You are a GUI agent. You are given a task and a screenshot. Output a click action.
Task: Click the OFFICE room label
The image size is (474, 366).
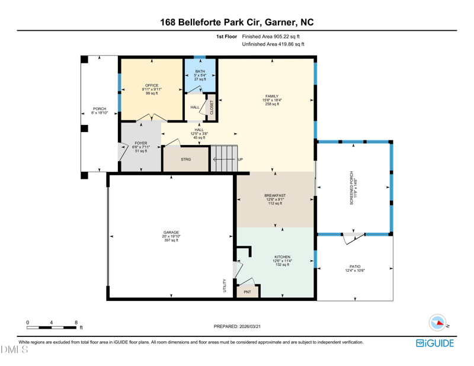coord(152,85)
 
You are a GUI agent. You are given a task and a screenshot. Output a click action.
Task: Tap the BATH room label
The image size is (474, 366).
coord(200,71)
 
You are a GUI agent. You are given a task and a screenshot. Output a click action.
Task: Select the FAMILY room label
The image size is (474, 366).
coord(272,96)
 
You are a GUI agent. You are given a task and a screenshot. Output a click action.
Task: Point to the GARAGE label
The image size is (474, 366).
coord(171,232)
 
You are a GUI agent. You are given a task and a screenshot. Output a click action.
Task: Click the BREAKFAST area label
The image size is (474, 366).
coord(275,195)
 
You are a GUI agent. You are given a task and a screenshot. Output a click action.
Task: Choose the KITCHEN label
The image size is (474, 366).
coord(283,257)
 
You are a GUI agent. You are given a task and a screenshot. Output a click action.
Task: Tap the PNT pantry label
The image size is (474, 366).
coord(247,292)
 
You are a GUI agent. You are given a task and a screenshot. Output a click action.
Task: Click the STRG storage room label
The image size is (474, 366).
coord(186,159)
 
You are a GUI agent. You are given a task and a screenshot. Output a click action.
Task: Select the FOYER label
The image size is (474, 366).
coord(141,143)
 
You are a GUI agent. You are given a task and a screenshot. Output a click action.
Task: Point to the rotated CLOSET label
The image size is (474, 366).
coord(212,107)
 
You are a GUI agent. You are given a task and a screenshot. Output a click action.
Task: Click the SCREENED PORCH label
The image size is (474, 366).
coord(351,188)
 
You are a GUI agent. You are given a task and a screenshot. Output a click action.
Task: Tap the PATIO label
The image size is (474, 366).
coord(355,267)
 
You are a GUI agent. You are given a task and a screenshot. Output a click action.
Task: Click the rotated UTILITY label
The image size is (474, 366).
coord(225,285)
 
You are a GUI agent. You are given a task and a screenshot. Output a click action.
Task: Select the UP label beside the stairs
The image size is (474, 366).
coord(241,159)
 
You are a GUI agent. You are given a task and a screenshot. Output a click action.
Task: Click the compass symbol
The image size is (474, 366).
coord(438,323)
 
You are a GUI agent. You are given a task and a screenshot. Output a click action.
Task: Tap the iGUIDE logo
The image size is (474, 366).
coord(435,343)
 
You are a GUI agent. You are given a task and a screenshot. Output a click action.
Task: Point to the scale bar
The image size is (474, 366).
coord(52,328)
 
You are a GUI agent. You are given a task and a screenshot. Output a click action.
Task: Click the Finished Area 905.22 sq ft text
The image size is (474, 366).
coord(271,37)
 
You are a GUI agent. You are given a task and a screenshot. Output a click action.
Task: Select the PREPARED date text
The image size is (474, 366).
coord(237,326)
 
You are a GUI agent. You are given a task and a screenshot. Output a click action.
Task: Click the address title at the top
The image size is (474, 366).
coord(237,22)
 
